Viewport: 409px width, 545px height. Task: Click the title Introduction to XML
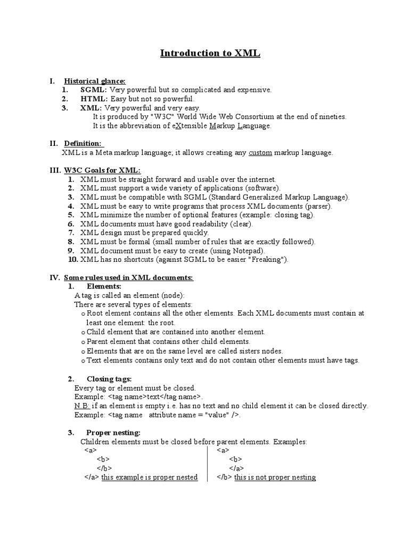point(210,54)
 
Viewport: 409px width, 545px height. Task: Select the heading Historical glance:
point(95,81)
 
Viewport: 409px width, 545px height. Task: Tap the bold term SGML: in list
point(94,90)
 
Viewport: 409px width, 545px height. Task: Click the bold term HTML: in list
point(94,99)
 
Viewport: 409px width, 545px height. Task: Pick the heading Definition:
point(83,144)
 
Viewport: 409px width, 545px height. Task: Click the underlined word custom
point(260,153)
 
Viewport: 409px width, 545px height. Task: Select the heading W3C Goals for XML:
point(102,170)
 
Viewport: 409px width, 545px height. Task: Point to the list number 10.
point(73,260)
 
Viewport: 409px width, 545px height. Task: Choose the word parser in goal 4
point(316,206)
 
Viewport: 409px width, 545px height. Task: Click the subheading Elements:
point(104,286)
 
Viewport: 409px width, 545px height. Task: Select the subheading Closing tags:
point(109,379)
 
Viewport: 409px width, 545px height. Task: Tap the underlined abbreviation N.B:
point(83,406)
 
